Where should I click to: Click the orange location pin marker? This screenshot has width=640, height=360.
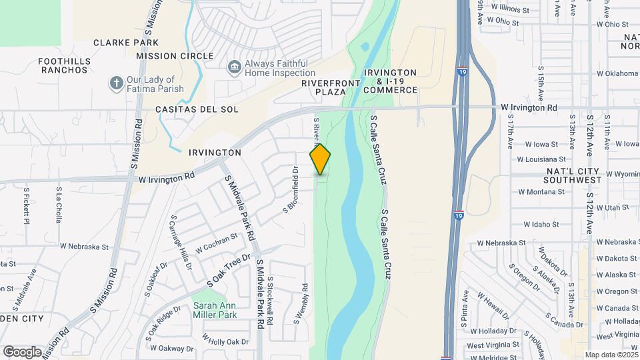(x=321, y=159)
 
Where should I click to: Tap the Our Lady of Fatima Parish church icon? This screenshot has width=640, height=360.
(x=116, y=84)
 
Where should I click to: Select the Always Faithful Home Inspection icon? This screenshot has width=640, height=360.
(x=234, y=67)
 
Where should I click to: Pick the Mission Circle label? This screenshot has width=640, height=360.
(x=175, y=56)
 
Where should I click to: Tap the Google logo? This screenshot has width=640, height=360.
(x=22, y=351)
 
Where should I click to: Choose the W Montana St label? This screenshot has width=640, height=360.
(x=541, y=191)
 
